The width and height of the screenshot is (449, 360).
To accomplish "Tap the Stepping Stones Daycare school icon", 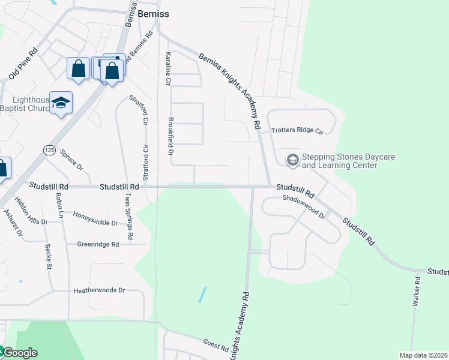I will tap(292, 160).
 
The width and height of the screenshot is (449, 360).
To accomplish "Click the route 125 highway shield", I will tap(49, 148).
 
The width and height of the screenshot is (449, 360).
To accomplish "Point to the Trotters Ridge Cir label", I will tap(297, 130).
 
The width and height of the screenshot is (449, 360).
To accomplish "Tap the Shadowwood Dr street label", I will tap(303, 206).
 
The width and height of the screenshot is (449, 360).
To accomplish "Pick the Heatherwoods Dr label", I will tap(98, 290).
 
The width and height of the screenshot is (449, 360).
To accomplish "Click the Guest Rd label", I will tap(215, 346).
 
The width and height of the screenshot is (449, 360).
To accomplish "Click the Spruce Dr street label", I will tap(71, 158).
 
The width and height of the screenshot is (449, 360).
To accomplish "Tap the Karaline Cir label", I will tap(168, 68).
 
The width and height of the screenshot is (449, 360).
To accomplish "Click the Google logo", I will tap(19, 353).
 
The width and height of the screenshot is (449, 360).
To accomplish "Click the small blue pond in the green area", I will tap(202, 294).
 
